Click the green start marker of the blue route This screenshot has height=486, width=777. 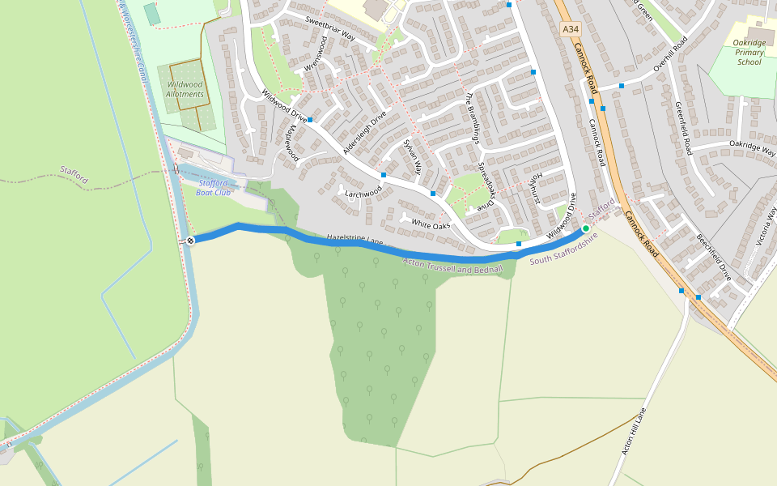click(x=586, y=228)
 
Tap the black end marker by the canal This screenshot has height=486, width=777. click(x=190, y=241)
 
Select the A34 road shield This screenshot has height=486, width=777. click(x=571, y=29)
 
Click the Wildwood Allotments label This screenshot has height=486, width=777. click(x=185, y=89)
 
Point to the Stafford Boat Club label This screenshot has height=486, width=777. click(x=214, y=188)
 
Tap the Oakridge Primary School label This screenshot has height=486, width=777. click(x=749, y=52)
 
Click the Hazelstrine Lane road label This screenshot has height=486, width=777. click(x=355, y=241)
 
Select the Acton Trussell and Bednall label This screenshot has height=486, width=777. click(x=453, y=265)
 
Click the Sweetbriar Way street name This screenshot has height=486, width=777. click(x=330, y=28)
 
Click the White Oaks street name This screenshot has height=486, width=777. click(x=431, y=224)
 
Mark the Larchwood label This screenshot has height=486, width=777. click(x=363, y=194)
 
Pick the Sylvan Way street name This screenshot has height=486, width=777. click(x=413, y=157)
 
